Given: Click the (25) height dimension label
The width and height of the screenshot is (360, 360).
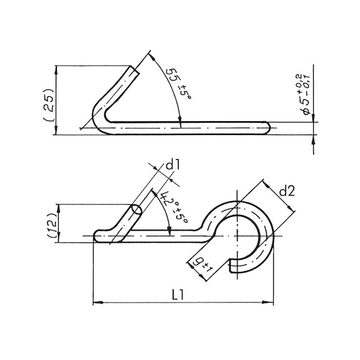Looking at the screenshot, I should point(49,103).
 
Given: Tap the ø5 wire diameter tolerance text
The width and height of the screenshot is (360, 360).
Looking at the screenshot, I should point(304,94).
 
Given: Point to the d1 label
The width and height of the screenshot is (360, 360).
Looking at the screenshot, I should point(172,166).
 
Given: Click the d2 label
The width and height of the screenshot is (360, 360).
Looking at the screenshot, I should point(286,191).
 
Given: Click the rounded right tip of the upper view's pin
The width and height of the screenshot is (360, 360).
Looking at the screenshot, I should point(267,127).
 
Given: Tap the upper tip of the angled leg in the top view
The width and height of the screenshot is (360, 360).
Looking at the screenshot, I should point(134,70).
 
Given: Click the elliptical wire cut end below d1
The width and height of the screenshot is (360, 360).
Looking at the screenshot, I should point(136,211).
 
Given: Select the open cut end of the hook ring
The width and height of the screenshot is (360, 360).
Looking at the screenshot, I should point(236,267).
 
